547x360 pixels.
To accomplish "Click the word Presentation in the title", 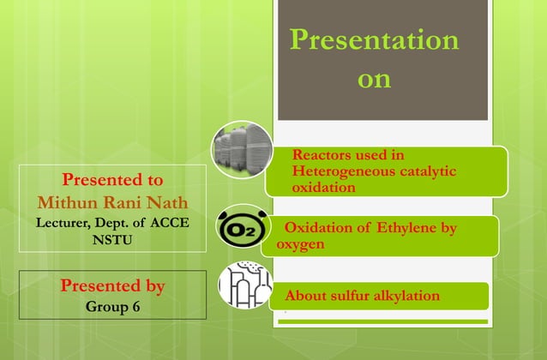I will (x=373, y=39).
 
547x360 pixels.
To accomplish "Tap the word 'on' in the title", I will (x=373, y=80).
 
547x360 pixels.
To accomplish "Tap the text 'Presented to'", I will (x=112, y=180).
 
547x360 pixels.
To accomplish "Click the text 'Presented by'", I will (x=112, y=285).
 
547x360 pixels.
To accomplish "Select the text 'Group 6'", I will (x=112, y=304).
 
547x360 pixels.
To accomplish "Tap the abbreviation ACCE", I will (x=171, y=223).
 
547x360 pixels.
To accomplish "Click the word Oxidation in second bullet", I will (x=317, y=228).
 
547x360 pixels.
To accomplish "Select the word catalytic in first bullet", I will (x=425, y=171).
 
